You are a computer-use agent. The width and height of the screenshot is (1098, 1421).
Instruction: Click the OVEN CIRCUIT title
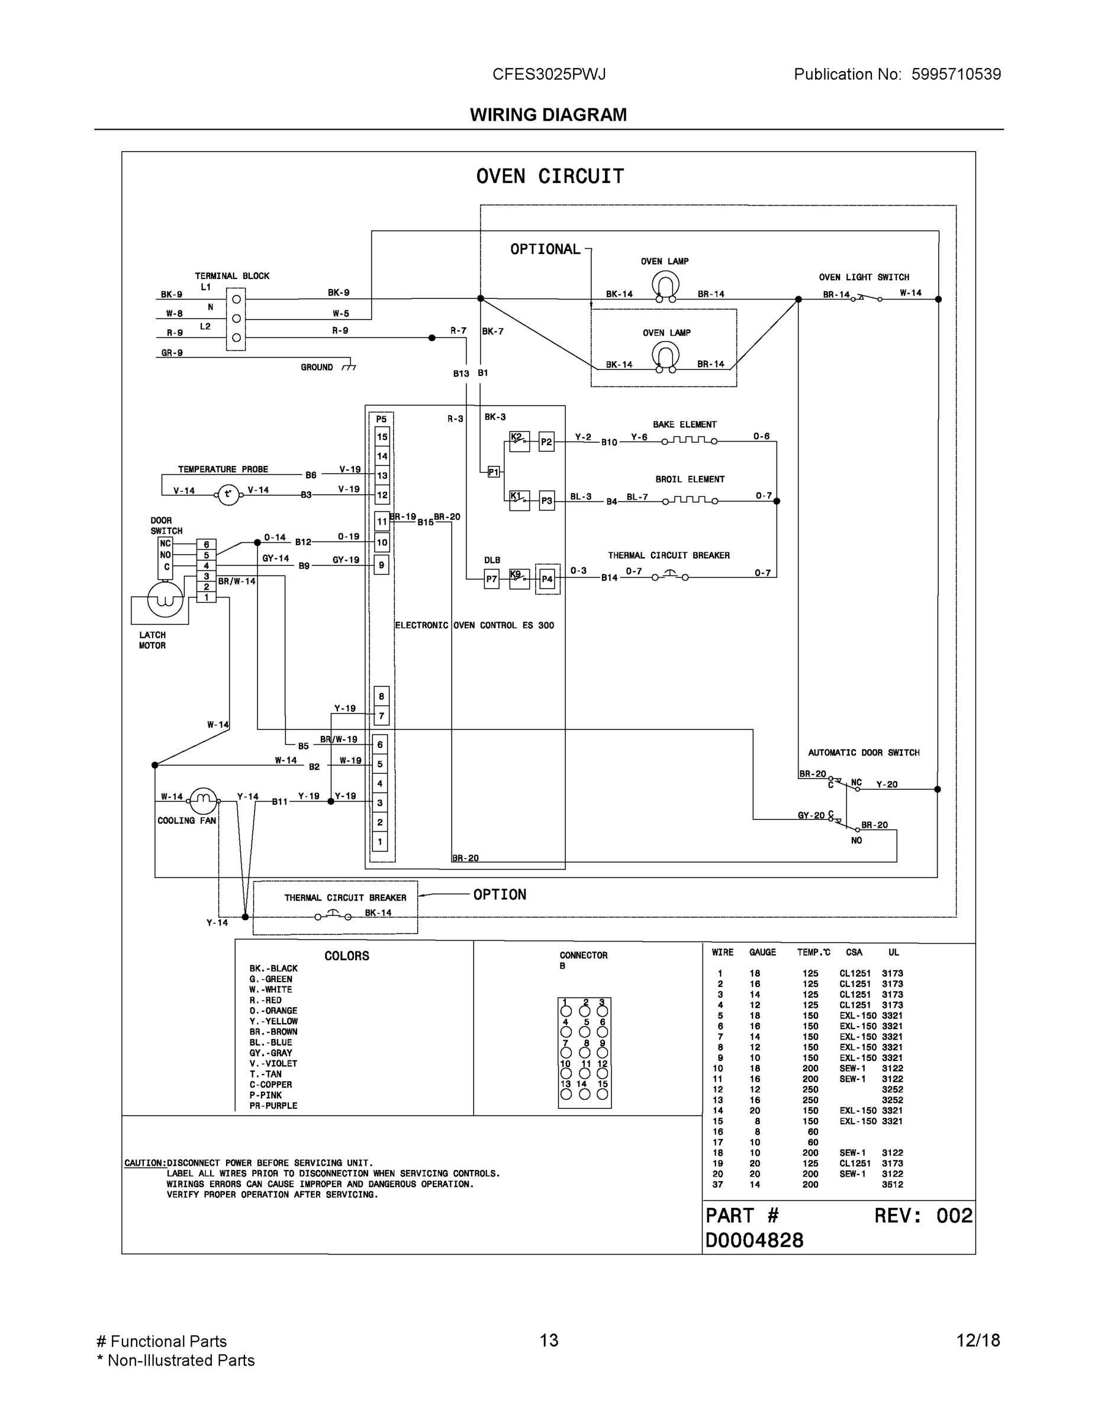(x=550, y=176)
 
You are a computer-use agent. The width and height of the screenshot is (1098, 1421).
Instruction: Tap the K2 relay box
(x=519, y=441)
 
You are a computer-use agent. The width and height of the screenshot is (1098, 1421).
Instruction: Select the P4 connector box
(x=547, y=578)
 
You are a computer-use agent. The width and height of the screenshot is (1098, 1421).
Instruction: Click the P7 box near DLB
(x=492, y=578)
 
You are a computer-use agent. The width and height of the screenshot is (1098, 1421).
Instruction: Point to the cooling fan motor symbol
(x=203, y=801)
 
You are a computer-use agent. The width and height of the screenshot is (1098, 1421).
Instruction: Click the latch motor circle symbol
(x=165, y=599)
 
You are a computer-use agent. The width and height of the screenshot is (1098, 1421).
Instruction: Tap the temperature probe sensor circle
(x=228, y=494)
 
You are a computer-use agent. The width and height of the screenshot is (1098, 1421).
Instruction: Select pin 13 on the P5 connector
(x=382, y=475)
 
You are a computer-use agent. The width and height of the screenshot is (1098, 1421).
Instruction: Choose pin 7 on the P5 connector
(x=381, y=716)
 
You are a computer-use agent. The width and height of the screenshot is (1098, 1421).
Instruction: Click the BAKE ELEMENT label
(x=684, y=424)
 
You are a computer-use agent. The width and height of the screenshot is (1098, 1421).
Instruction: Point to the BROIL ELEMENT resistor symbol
(x=690, y=500)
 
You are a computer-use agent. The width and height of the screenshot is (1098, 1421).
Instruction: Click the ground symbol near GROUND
(x=349, y=366)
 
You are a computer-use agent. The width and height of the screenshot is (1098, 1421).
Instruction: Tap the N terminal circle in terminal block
(x=236, y=318)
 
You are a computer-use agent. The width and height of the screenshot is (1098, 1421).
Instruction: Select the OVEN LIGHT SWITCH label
(x=863, y=277)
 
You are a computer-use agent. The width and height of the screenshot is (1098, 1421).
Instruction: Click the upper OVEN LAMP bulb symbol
(x=665, y=285)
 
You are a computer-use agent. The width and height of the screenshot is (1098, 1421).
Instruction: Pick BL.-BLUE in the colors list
(x=271, y=1041)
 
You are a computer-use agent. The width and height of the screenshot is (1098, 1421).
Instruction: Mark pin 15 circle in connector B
(x=603, y=1094)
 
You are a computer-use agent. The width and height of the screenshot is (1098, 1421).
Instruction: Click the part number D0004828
(x=754, y=1240)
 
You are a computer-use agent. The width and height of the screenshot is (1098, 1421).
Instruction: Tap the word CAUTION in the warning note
(x=145, y=1163)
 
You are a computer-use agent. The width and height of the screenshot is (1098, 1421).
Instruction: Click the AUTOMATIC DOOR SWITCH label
(x=863, y=752)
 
